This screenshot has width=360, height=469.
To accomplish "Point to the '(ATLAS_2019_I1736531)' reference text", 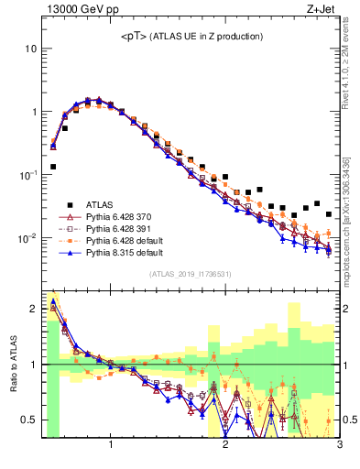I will click(191, 274).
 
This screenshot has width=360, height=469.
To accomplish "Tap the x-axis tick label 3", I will click(339, 445).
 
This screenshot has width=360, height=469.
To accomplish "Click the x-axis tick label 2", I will click(225, 445).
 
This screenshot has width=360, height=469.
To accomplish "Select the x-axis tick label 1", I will click(111, 445).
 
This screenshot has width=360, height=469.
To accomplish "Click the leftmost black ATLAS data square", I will click(53, 167).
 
